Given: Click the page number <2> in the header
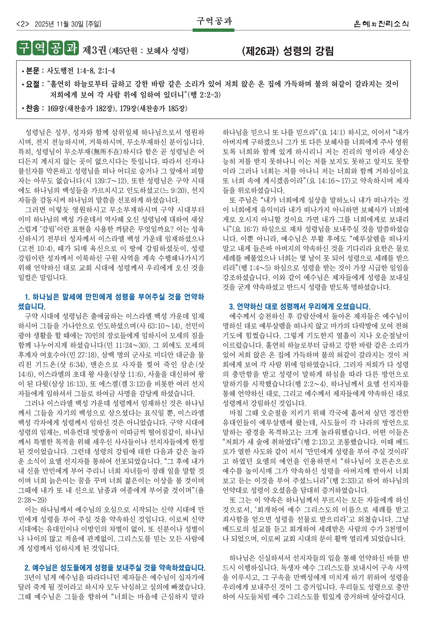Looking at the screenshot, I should pos(23,24).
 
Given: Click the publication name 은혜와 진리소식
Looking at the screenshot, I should pos(381,24).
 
